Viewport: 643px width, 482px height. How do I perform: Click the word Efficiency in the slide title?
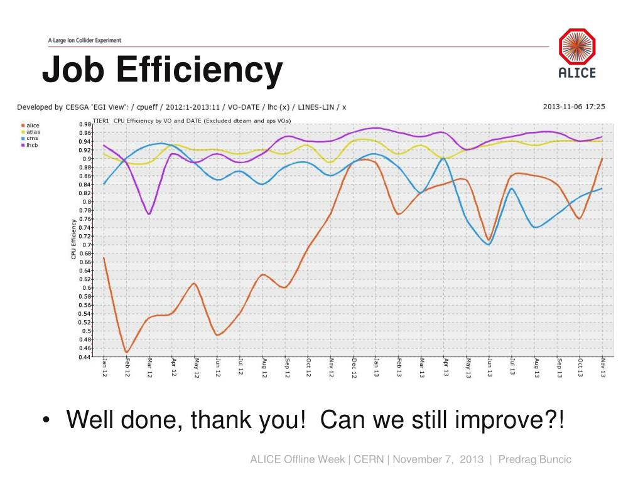[x=200, y=71]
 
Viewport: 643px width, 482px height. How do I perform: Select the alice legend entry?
[x=32, y=126]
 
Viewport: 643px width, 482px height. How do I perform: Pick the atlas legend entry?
[x=33, y=132]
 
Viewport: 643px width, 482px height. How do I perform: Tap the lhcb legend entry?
[x=32, y=144]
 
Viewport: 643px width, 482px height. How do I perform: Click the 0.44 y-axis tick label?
[x=85, y=356]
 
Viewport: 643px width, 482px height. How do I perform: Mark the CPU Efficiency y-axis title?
[x=73, y=239]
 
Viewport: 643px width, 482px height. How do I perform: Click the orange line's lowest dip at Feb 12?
[x=127, y=352]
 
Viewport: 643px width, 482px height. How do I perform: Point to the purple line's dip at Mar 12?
[x=149, y=214]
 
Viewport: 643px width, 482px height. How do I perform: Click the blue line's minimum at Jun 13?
[x=489, y=244]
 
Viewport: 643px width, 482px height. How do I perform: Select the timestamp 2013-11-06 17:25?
[x=574, y=107]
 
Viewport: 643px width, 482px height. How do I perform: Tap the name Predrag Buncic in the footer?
[x=535, y=459]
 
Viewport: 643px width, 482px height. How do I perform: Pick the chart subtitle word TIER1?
[x=101, y=120]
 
